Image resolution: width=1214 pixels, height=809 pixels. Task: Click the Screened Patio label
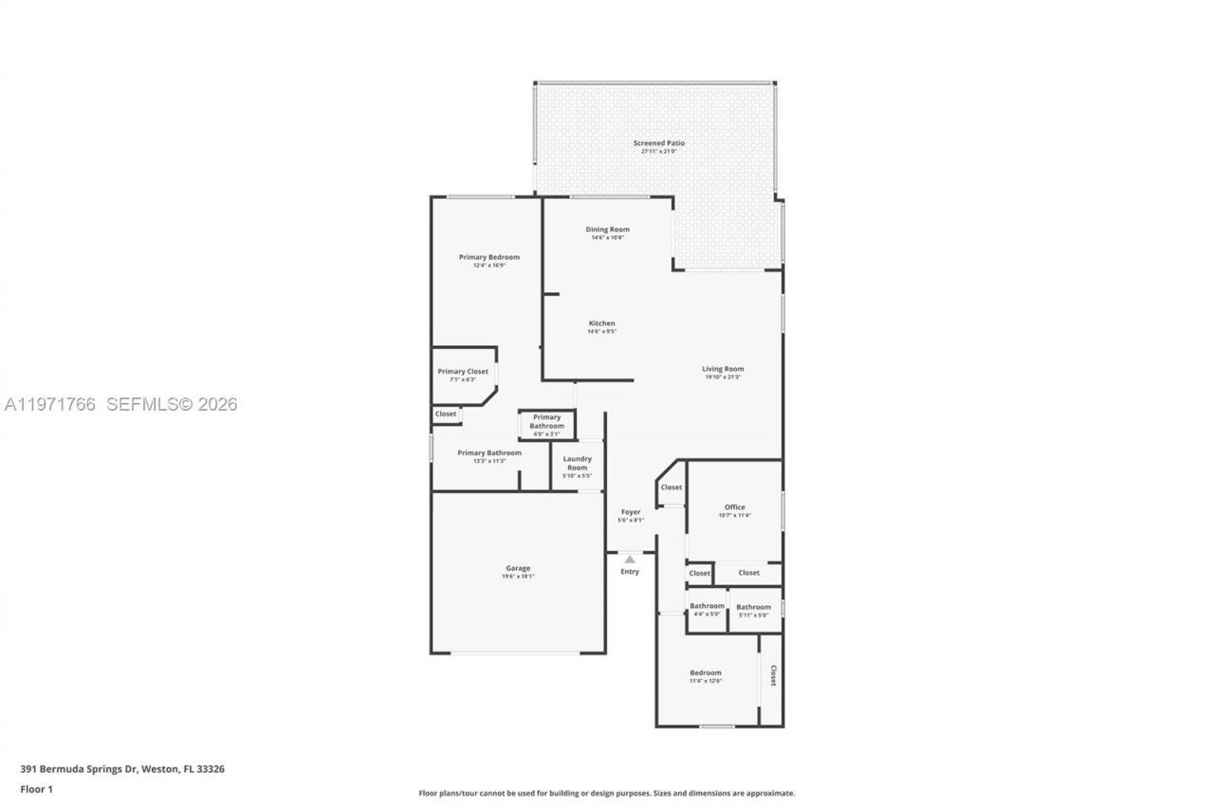coord(658,143)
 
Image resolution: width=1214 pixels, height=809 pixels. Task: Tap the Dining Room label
coord(607,230)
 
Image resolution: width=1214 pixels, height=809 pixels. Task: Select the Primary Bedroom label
coord(488,257)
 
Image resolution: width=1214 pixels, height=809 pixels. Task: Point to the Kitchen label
coord(601,323)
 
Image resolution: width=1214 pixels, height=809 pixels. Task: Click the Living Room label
coord(723,369)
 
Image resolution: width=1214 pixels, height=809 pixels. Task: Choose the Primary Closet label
coord(463,372)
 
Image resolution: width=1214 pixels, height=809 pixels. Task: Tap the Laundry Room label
coord(577,464)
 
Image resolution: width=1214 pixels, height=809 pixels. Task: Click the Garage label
coord(518,569)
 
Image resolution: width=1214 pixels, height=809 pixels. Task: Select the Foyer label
coord(630,512)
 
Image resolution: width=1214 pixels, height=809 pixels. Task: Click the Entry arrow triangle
coord(630,560)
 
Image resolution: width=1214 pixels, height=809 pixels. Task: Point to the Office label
coord(734,507)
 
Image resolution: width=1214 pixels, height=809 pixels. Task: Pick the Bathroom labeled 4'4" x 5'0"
coord(707,606)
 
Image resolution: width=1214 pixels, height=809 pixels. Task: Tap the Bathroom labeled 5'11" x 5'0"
coord(754,607)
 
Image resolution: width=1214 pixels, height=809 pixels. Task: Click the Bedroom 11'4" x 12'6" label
coord(705,673)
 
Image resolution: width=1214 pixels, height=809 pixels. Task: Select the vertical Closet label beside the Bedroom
coord(773,675)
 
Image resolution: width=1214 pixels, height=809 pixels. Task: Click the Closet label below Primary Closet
coord(446,414)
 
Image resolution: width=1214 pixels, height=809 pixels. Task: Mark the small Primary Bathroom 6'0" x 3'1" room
coord(546,422)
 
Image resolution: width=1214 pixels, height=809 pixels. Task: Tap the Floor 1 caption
coord(36,788)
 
